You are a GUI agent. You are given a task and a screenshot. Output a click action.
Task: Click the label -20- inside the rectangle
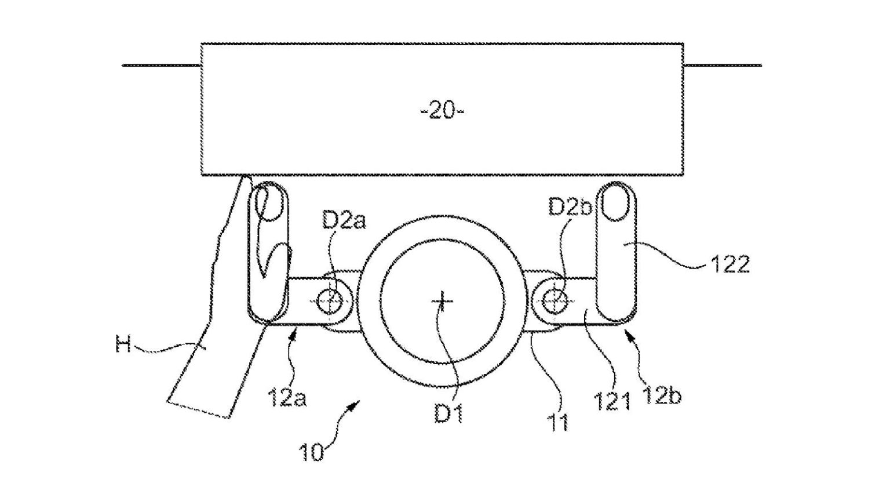click(x=442, y=111)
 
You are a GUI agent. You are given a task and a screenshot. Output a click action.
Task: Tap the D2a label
click(x=344, y=221)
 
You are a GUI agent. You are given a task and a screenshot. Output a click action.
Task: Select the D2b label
click(x=571, y=207)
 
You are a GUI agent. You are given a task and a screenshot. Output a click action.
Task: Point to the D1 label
click(x=448, y=414)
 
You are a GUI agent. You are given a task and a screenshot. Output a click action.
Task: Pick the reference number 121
click(x=611, y=400)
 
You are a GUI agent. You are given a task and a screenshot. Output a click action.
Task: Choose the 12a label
click(x=287, y=398)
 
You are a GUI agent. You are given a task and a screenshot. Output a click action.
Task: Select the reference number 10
click(x=311, y=452)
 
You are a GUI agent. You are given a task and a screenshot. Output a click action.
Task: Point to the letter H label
click(x=123, y=346)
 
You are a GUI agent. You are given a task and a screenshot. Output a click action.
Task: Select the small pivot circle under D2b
click(x=556, y=300)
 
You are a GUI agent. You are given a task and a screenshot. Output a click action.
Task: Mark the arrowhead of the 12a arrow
click(x=297, y=332)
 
